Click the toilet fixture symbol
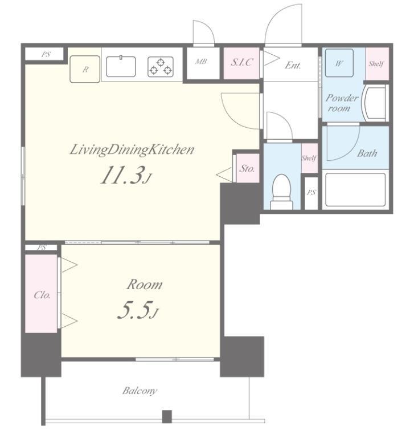coord(282,192)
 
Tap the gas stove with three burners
coord(161,67)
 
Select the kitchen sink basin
coord(121,66)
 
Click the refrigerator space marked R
coord(85,69)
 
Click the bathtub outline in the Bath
coord(355,190)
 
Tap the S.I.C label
coord(242,62)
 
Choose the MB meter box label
coord(201,62)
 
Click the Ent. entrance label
coord(293,66)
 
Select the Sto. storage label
coord(247,168)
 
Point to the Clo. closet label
coord(42,295)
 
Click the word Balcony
coord(140,391)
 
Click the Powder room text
coord(342,103)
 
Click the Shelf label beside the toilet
coord(309,158)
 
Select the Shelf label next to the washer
coord(376,64)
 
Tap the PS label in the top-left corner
coord(46,54)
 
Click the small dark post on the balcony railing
coord(167,416)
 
